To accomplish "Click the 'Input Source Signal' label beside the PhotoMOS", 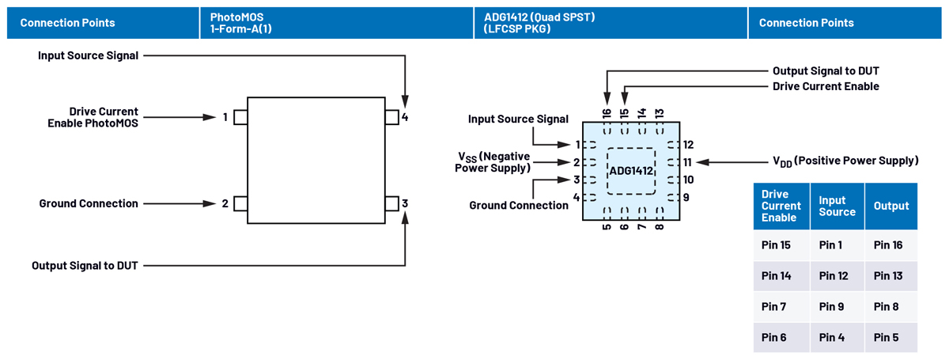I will click(x=88, y=55).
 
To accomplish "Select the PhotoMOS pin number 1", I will click(x=225, y=117).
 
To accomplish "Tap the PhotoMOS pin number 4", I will click(x=405, y=117).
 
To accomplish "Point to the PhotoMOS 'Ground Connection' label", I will click(x=89, y=203).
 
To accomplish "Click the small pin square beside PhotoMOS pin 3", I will click(x=391, y=203).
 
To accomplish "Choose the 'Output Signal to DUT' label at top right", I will click(x=826, y=71).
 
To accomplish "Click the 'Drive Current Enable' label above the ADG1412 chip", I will click(x=826, y=86).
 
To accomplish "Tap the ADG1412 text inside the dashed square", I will click(x=631, y=171).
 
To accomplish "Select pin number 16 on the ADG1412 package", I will click(x=607, y=114).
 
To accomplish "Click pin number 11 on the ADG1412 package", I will click(x=688, y=162).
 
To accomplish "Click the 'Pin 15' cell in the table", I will click(x=775, y=245).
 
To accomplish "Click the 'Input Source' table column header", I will click(x=837, y=207).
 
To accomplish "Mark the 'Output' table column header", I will click(x=891, y=206).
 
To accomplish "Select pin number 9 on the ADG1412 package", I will click(x=686, y=197).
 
